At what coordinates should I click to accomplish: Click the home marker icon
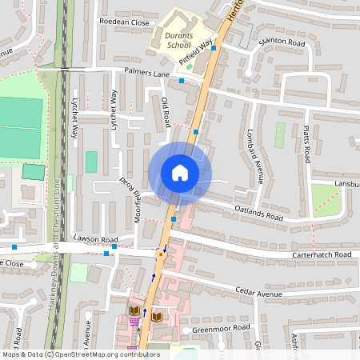tap(179, 172)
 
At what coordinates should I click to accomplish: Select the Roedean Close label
tap(124, 23)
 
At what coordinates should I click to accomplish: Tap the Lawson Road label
tap(95, 240)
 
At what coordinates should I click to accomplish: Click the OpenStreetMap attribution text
tap(80, 354)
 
